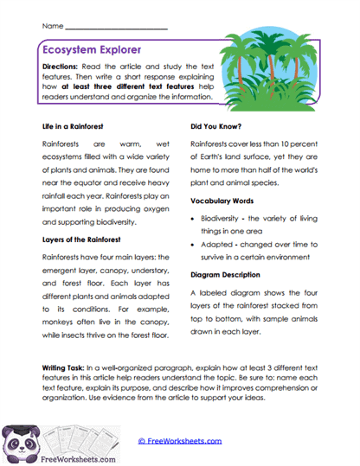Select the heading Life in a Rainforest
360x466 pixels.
point(78,125)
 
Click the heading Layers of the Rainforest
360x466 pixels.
point(87,239)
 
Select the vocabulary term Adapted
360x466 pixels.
point(220,248)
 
